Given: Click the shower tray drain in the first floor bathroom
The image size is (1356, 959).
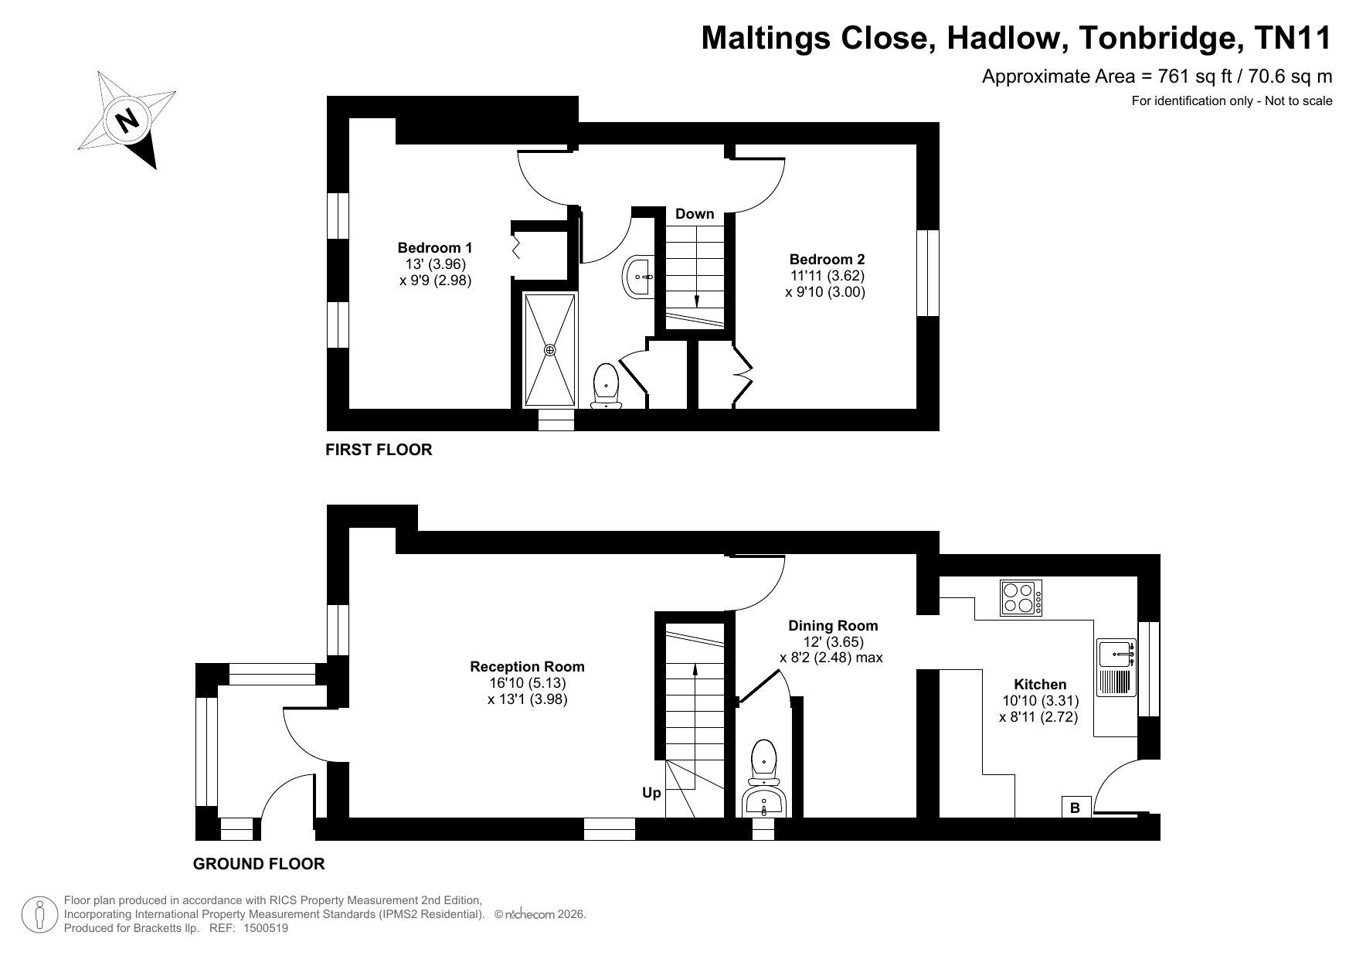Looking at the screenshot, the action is click(550, 350).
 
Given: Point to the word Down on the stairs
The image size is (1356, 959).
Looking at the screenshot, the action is click(695, 214).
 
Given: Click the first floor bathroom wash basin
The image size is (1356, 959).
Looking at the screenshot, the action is click(639, 276).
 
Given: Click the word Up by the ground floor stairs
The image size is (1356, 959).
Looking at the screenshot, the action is click(651, 793).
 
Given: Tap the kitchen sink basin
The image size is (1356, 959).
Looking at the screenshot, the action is click(1116, 654).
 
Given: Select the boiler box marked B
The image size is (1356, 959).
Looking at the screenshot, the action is click(1075, 808).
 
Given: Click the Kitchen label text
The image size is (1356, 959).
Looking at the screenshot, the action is click(1040, 685).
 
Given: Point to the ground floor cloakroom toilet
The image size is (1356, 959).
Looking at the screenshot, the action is click(764, 761).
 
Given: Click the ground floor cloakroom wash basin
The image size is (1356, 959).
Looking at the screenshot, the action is click(764, 802).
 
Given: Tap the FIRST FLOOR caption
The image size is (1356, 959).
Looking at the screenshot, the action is click(379, 450).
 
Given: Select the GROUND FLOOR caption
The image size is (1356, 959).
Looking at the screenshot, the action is click(259, 864).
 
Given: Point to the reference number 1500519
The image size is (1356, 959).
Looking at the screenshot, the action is click(266, 928).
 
